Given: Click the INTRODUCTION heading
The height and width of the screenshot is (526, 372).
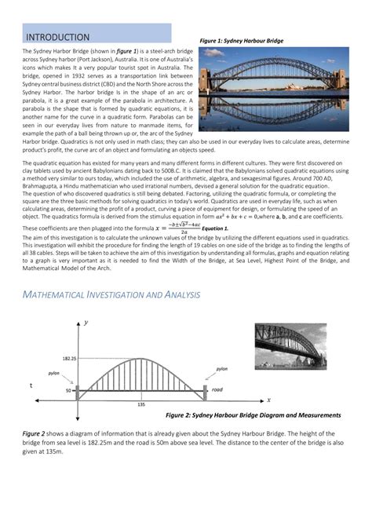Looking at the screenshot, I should point(58,38).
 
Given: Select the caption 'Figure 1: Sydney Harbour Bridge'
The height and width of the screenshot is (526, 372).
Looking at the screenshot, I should point(242,40).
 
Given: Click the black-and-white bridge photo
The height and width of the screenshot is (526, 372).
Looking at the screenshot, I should point(290,345).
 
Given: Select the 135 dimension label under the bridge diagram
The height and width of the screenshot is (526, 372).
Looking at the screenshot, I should point(141,405).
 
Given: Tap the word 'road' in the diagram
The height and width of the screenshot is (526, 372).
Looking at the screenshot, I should point(217,389).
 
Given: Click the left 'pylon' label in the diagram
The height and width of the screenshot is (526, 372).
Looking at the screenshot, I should point(53,373).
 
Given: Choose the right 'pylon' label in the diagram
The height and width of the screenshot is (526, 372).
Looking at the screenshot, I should point(222,367).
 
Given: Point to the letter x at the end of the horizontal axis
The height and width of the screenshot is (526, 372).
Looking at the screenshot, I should point(268,400).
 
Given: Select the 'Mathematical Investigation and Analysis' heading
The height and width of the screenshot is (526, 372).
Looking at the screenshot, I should point(111,272).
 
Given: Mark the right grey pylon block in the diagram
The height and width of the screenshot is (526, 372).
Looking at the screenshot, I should point(206,389).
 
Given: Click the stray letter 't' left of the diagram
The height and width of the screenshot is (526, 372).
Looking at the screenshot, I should point(31,386).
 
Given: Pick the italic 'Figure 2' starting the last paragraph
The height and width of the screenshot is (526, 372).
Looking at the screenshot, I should point(33,433).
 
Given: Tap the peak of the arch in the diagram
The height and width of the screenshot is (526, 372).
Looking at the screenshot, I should point(141,358).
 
